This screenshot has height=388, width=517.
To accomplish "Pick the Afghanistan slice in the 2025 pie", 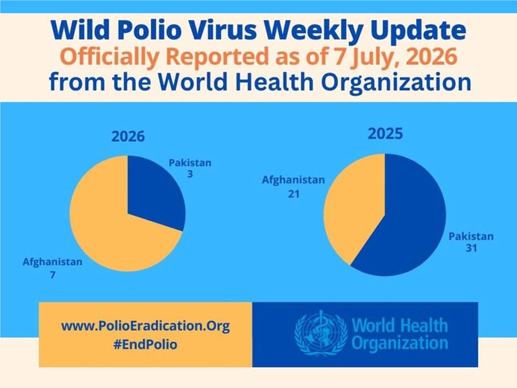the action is (353, 205).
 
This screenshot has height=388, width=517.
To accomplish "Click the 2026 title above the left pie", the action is (128, 137).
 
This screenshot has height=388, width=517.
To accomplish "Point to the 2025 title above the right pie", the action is (385, 134).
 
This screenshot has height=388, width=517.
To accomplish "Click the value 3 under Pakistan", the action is (190, 174).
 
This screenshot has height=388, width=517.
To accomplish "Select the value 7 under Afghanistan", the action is (52, 275).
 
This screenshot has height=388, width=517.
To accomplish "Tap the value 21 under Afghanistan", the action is (294, 194).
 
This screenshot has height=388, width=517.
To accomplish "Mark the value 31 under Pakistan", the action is (472, 248).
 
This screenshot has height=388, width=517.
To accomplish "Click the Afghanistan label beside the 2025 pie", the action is (294, 180).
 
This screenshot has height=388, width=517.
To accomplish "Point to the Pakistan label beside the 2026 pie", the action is (190, 163).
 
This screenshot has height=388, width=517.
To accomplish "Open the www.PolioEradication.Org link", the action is (145, 326).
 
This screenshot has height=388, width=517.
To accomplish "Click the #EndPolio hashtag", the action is (145, 345).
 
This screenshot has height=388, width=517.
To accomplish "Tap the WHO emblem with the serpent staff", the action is (320, 333).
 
